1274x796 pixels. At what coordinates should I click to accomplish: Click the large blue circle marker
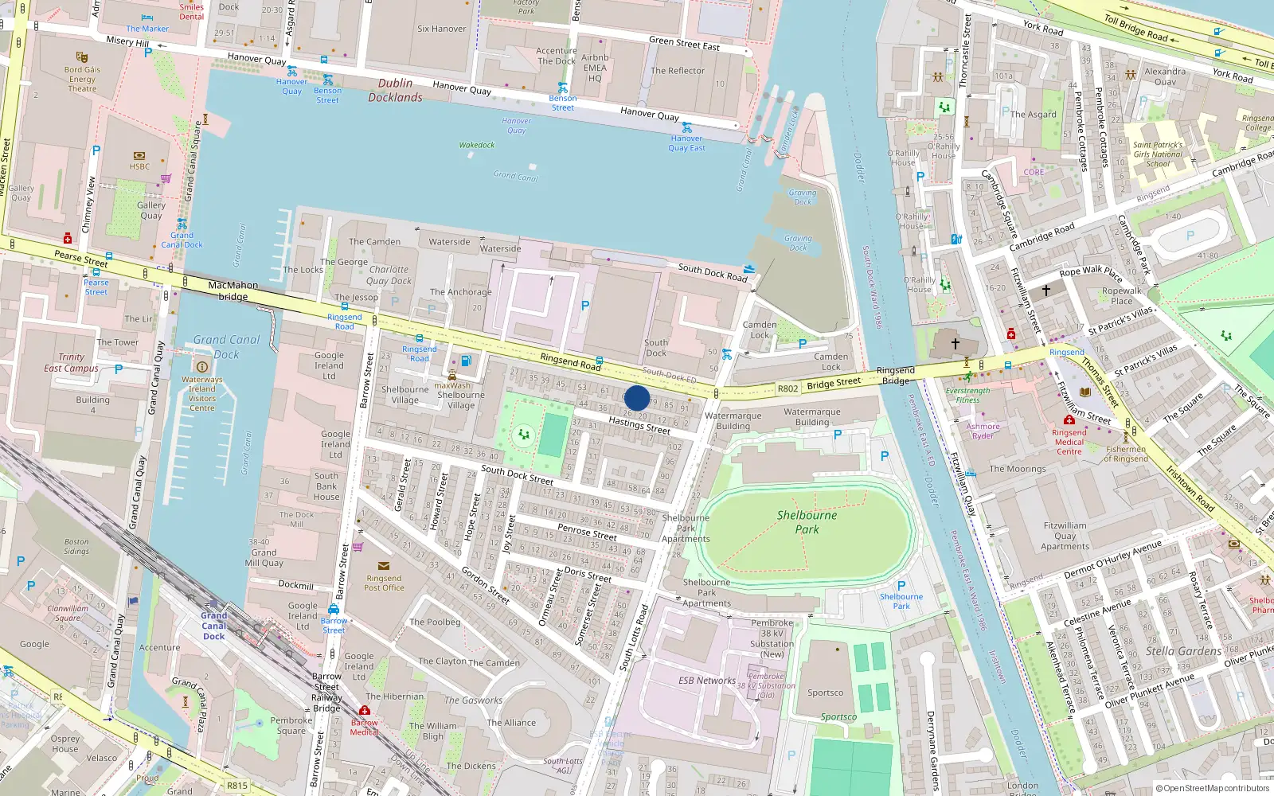tap(637, 398)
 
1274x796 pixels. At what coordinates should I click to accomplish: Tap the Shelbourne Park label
tap(807, 521)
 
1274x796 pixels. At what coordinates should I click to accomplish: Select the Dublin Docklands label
tap(395, 90)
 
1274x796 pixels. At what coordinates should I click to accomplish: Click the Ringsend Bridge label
tap(896, 375)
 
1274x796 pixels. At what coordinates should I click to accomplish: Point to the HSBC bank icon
tap(139, 155)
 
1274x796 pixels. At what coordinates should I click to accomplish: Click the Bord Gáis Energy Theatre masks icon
tap(81, 57)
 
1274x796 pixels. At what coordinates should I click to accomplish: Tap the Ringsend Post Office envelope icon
tap(384, 566)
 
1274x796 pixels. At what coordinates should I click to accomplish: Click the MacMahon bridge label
tap(233, 291)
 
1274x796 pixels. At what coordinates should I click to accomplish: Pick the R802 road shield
tap(787, 388)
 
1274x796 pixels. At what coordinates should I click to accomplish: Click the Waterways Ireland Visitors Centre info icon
tap(201, 366)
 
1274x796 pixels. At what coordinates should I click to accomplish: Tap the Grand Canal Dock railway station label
tap(213, 626)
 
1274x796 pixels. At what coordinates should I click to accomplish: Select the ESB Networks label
tap(707, 681)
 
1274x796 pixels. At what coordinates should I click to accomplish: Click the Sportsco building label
tap(825, 693)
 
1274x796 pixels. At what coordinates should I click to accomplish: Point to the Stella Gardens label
tap(1183, 651)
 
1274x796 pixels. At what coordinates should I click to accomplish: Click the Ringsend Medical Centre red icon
tap(1069, 419)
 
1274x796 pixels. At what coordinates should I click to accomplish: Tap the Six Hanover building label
tap(441, 29)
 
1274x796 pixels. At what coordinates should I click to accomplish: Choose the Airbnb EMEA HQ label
tap(595, 68)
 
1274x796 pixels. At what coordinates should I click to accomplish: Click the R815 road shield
tap(237, 785)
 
